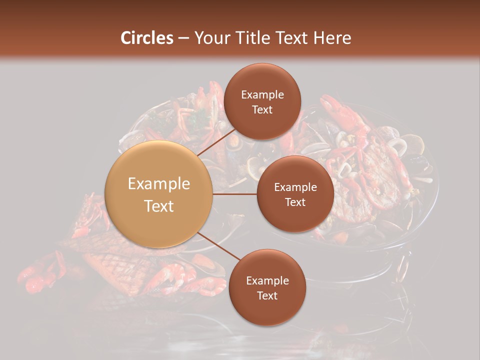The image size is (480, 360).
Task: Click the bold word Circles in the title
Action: click(x=147, y=38)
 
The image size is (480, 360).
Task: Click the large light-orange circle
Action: click(x=159, y=194)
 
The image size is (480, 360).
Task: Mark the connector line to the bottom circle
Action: click(x=217, y=247)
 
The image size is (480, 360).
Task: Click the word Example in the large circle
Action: click(x=159, y=184)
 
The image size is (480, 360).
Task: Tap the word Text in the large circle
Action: click(x=159, y=206)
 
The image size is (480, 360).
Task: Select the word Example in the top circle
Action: click(x=262, y=95)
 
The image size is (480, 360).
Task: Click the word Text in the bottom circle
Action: click(x=267, y=295)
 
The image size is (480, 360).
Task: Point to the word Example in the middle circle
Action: click(x=295, y=187)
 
